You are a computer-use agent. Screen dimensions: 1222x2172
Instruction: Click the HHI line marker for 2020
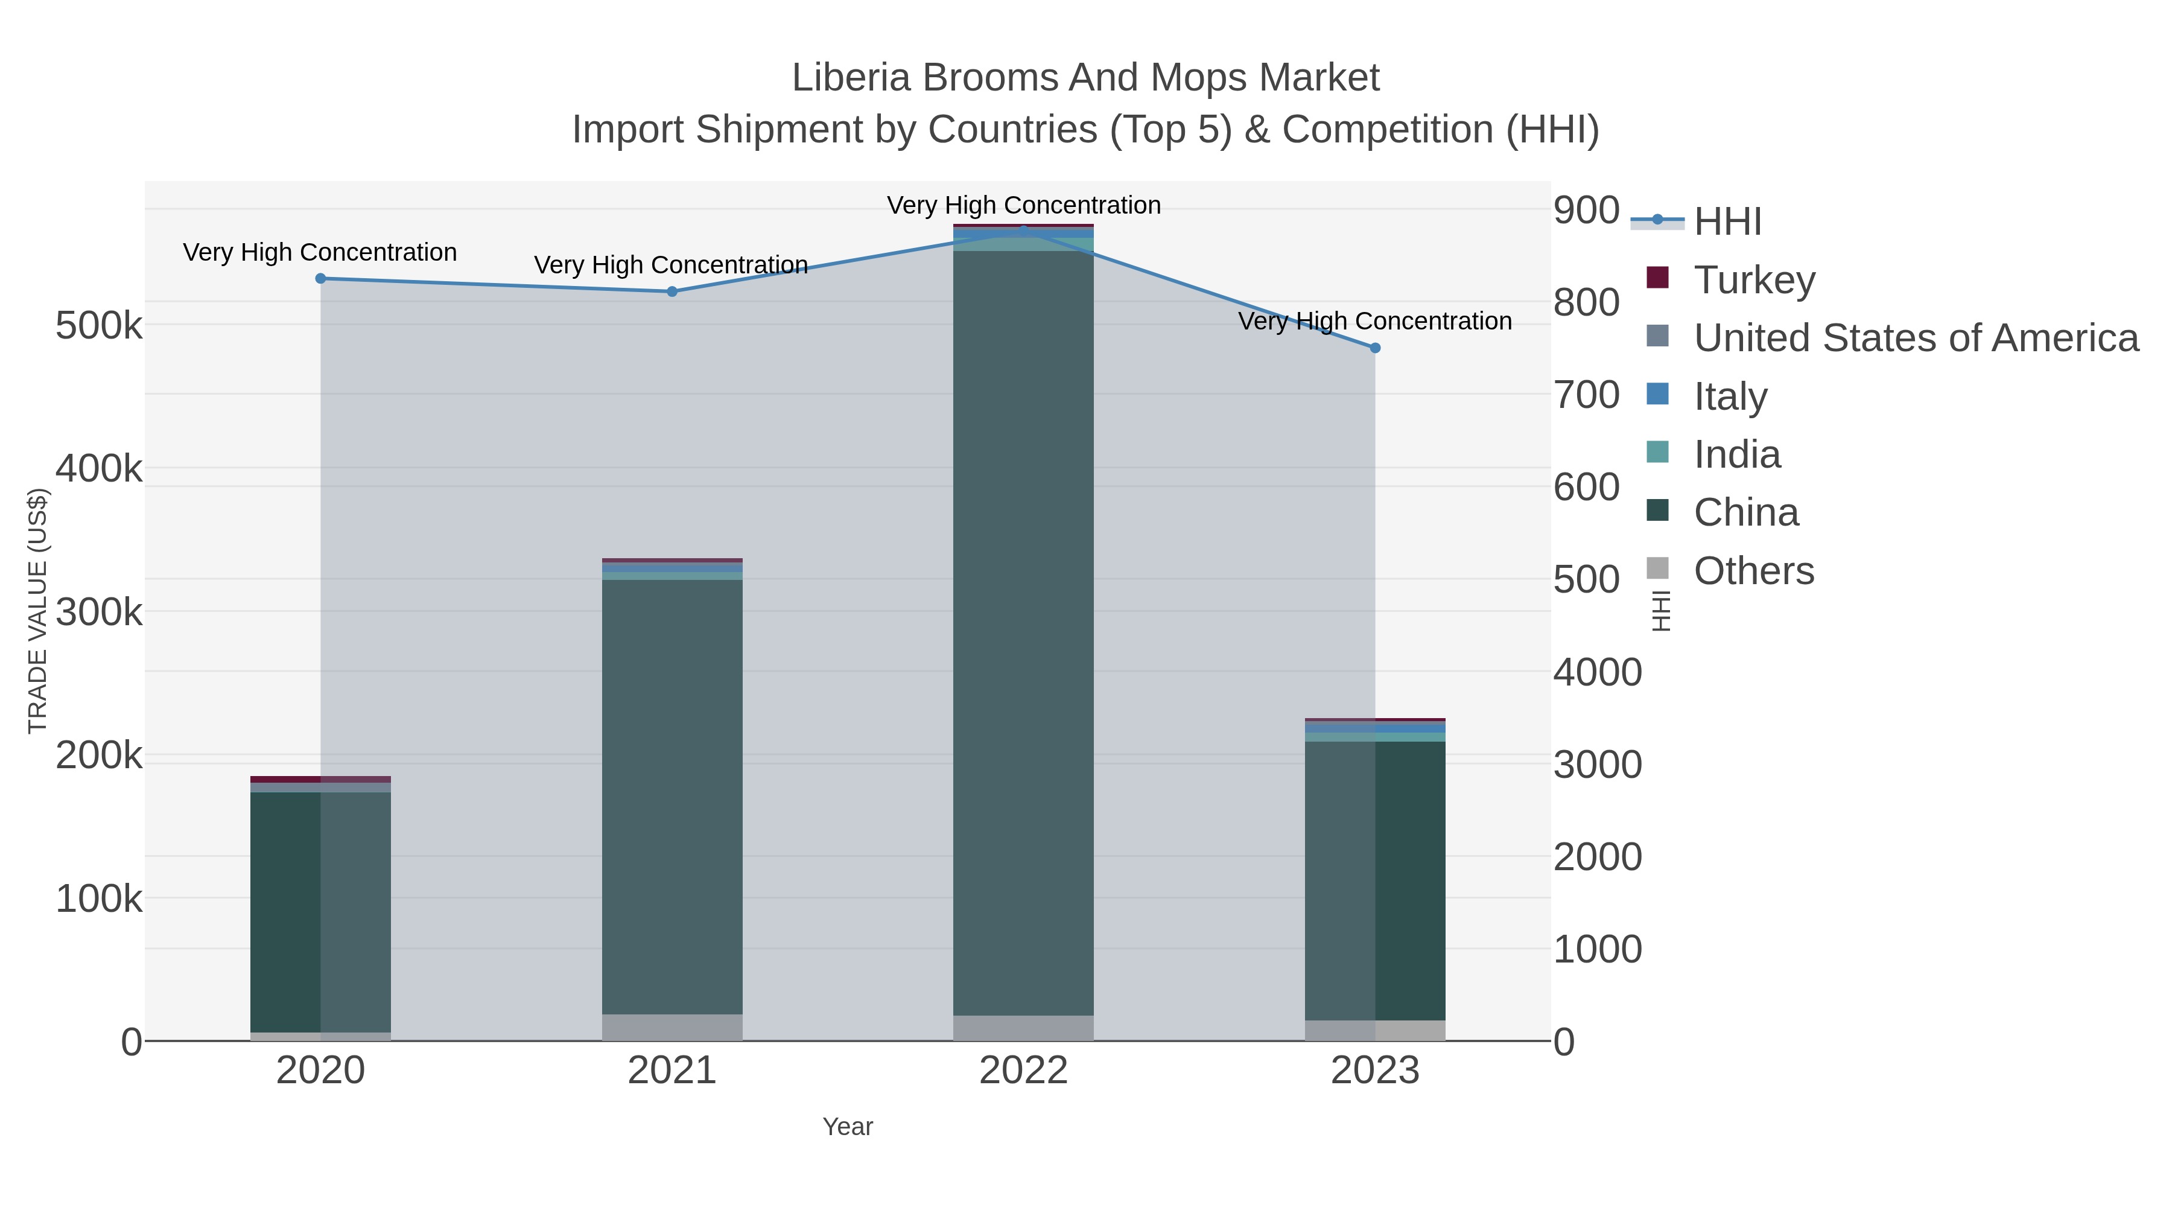[320, 278]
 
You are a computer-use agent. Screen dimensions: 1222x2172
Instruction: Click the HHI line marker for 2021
[672, 292]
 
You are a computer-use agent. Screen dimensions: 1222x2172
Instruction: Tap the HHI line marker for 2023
[1375, 348]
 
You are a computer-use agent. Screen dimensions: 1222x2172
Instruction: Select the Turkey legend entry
[1754, 279]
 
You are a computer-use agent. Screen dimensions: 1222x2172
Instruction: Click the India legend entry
[1737, 454]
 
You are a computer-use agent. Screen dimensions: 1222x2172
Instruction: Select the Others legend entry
[1754, 571]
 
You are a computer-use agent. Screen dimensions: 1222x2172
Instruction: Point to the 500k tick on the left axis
[99, 325]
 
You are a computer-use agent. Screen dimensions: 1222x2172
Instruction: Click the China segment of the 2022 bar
[1024, 632]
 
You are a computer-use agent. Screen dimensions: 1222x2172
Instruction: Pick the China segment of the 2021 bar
[672, 797]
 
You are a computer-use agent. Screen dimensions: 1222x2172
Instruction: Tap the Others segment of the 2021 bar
[672, 1027]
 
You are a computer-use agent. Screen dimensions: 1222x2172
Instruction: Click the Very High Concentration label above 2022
[1024, 205]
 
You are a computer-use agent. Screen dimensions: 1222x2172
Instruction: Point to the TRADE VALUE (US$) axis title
[38, 611]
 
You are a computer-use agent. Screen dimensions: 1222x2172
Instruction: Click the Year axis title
[848, 1127]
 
